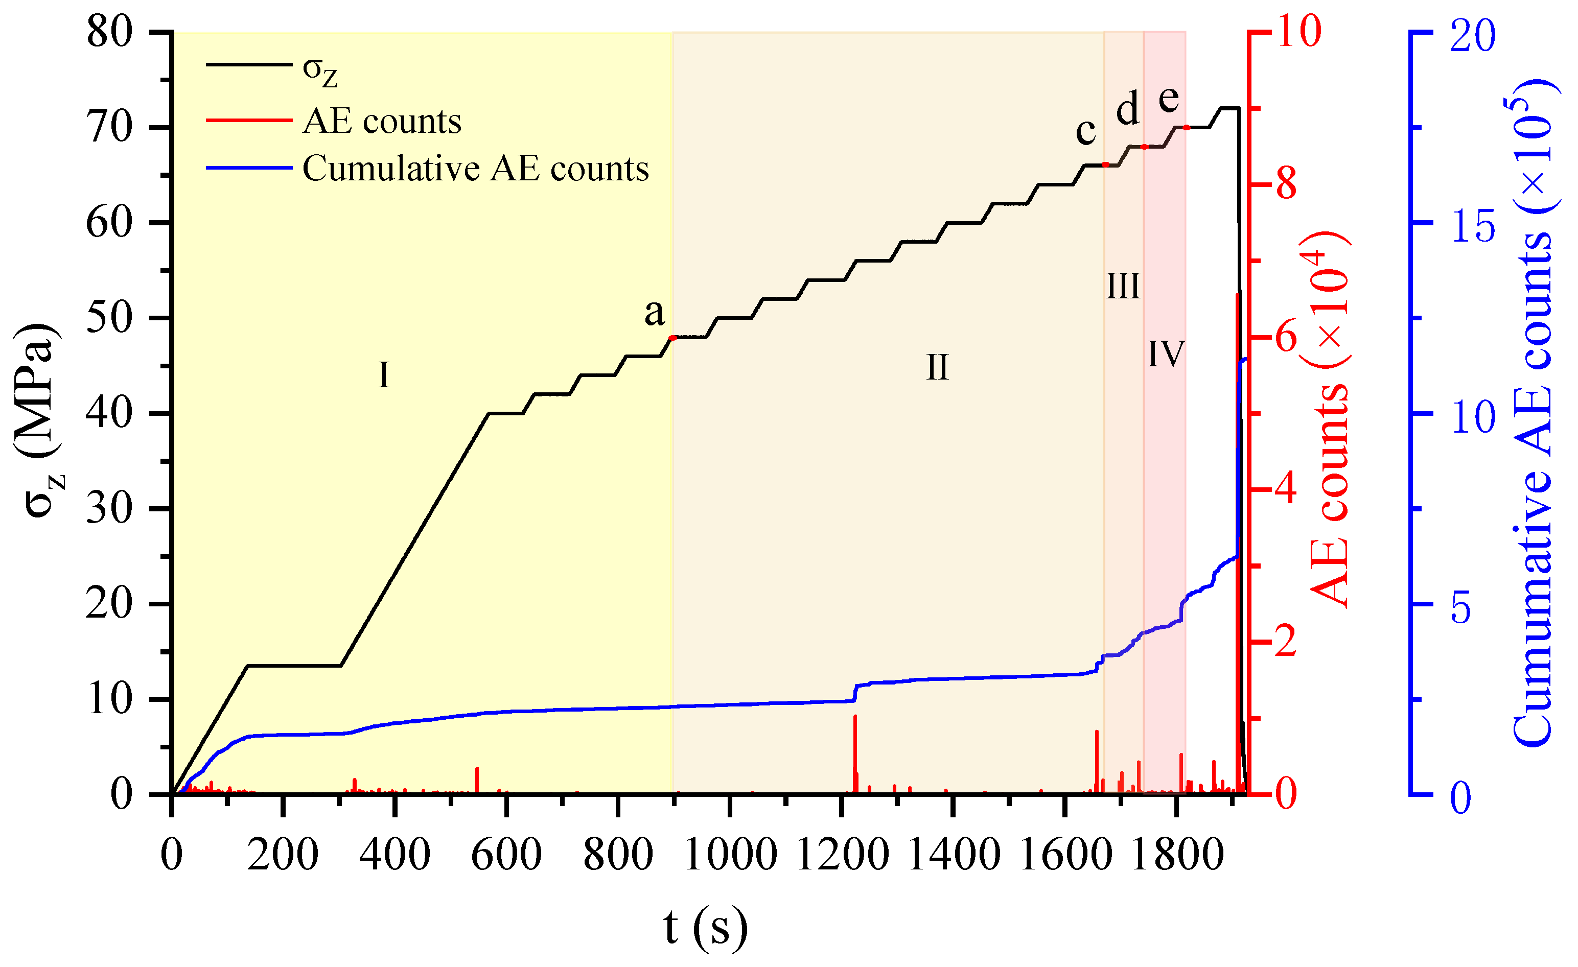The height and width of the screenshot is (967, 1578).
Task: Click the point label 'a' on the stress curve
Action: pos(654,313)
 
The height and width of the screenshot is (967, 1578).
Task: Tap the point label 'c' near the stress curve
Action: pos(1085,131)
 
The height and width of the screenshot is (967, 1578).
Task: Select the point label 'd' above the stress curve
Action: pos(1128,109)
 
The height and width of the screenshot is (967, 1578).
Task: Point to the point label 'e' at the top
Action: pos(1169,99)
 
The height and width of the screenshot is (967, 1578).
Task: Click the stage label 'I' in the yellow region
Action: pos(384,374)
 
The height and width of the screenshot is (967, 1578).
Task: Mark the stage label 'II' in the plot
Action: pos(937,368)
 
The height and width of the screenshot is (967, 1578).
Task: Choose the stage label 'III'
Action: pos(1123,286)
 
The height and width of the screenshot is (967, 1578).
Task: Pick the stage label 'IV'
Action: pos(1166,353)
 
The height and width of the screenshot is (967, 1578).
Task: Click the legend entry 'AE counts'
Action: pos(382,121)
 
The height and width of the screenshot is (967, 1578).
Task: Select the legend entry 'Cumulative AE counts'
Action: pos(475,169)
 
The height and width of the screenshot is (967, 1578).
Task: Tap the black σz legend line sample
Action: pos(249,65)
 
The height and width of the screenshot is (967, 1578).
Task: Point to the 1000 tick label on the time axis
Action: pos(730,855)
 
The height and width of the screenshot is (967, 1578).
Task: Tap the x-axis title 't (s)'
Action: pos(705,927)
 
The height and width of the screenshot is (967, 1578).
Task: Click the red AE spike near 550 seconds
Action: pos(477,780)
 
